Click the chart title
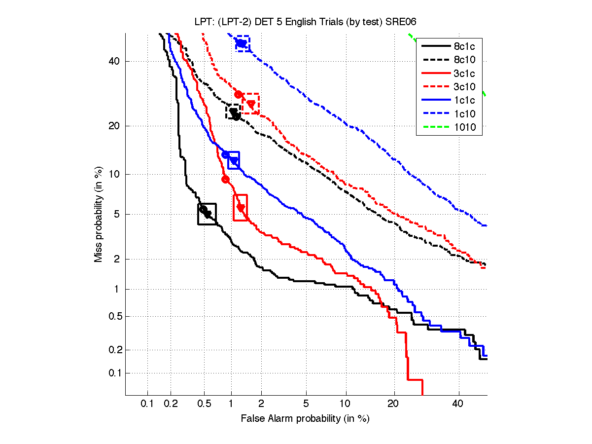pos(305,22)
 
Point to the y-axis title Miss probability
pos(99,214)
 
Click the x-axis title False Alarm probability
pos(305,419)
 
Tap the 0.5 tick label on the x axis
pos(205,404)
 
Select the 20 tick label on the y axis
pos(114,126)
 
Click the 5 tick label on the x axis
pos(306,404)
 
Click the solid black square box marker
pos(207,214)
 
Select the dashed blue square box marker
pos(243,43)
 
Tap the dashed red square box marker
pos(250,104)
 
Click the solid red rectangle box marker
pos(240,208)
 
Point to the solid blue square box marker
pos(234,160)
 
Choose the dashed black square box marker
pos(233,111)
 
